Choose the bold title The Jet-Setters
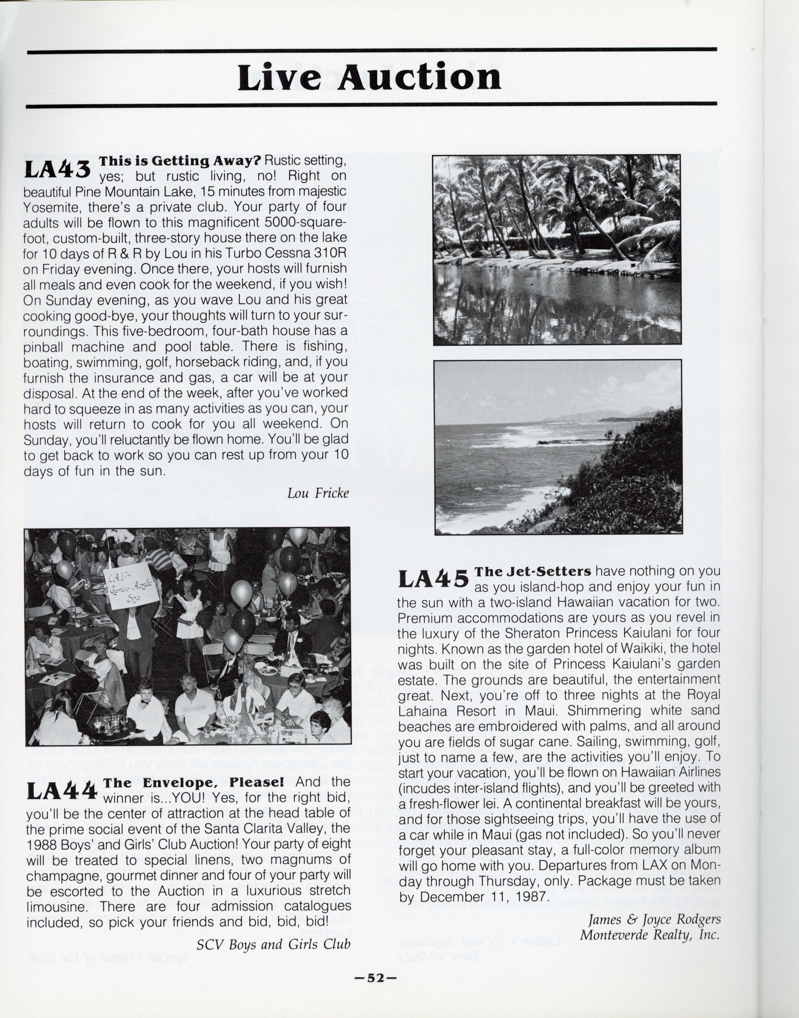(x=533, y=571)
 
